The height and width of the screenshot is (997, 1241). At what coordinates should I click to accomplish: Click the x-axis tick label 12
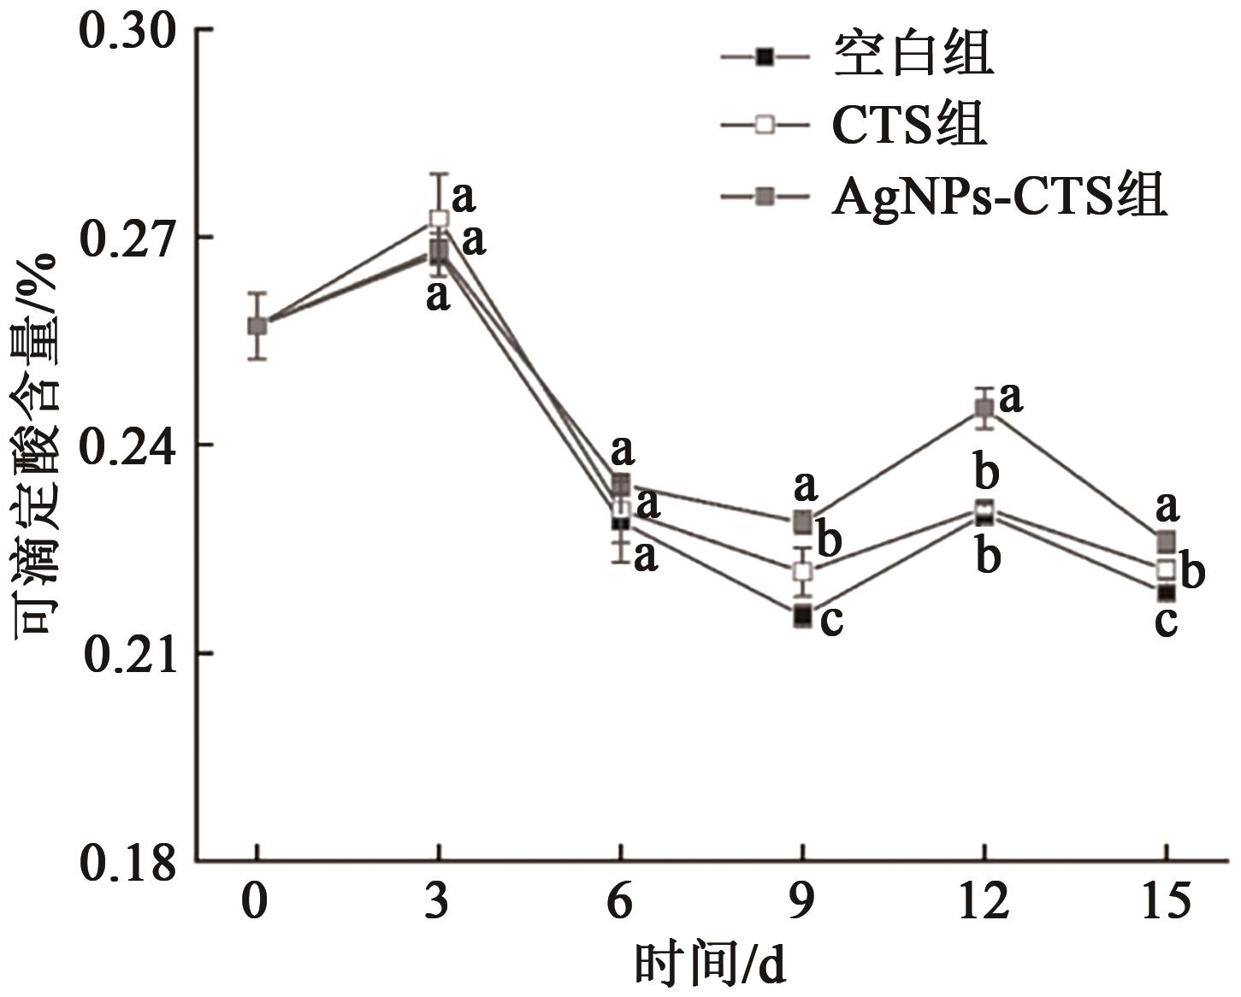(x=984, y=902)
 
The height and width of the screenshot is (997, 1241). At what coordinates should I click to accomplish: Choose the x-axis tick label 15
(x=1167, y=902)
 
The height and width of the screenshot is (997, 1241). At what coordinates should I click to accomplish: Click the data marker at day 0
(x=257, y=326)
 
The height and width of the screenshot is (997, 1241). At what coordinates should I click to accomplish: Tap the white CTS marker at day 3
(x=439, y=219)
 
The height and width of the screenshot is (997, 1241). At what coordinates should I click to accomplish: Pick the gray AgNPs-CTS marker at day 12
(x=985, y=408)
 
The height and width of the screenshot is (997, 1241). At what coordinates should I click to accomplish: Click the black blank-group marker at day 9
(x=802, y=615)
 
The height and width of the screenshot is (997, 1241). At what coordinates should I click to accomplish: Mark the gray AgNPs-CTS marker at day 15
(x=1167, y=541)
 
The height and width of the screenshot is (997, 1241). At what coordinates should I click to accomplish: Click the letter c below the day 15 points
(x=1166, y=622)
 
